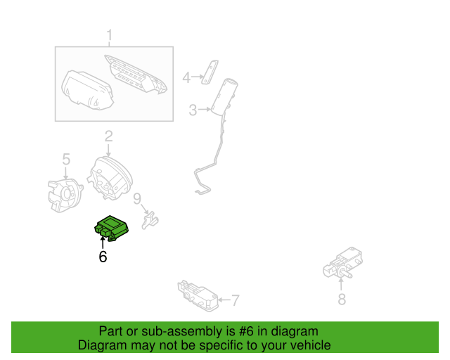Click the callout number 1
[109, 35]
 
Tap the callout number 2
[109, 136]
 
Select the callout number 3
[193, 109]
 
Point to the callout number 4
[186, 77]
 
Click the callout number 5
[66, 160]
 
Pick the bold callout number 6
[103, 257]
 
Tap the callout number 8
[342, 300]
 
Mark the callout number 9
[138, 199]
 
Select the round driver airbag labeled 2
[109, 179]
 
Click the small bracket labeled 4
[208, 72]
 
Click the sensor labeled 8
[342, 264]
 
